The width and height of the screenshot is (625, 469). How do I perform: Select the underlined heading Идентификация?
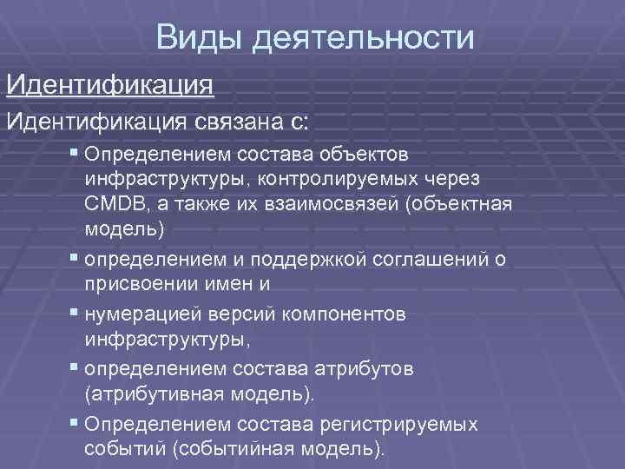[109, 86]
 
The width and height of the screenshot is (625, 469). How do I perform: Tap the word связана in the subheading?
[253, 121]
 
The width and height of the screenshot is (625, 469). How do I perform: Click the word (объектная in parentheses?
[463, 204]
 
